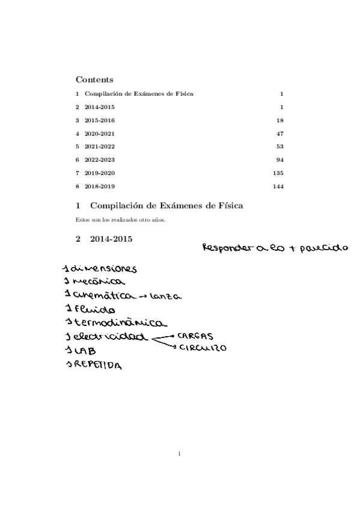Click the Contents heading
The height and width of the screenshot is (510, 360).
click(94, 79)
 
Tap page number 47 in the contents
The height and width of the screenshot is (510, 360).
click(279, 134)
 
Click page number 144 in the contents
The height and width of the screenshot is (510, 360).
click(278, 186)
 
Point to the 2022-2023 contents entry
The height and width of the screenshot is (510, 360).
click(99, 160)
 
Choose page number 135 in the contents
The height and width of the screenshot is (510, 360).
click(278, 173)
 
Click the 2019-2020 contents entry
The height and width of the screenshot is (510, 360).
click(99, 173)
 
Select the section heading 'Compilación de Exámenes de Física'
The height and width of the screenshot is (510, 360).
click(166, 206)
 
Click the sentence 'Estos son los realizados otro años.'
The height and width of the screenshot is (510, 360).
click(121, 220)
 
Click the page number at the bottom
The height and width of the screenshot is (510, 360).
click(180, 453)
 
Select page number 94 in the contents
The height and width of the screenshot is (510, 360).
click(279, 160)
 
